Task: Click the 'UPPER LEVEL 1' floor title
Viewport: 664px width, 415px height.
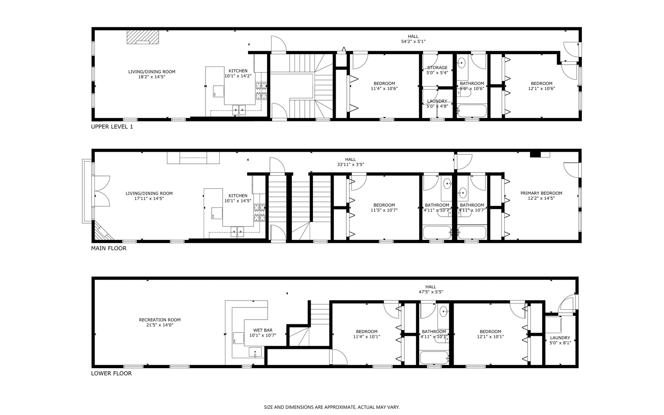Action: click(112, 126)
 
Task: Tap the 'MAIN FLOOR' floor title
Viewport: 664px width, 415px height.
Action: click(109, 248)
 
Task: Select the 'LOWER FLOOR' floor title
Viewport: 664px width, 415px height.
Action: click(111, 373)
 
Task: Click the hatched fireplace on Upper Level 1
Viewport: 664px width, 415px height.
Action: click(143, 38)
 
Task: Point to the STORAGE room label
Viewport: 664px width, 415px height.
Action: click(437, 68)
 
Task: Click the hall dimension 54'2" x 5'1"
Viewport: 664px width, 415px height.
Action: click(413, 41)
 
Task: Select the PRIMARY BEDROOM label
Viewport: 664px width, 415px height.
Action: click(541, 193)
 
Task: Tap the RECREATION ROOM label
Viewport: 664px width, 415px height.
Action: click(160, 320)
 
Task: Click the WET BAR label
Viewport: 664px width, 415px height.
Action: click(263, 330)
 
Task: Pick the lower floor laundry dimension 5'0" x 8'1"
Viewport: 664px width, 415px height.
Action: click(560, 343)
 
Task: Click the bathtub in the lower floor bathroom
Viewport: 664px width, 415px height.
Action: click(434, 358)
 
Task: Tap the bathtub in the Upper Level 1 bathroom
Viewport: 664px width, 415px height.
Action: click(472, 111)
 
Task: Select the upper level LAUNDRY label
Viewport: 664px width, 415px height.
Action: click(437, 101)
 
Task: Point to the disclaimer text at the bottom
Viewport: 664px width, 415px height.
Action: click(332, 407)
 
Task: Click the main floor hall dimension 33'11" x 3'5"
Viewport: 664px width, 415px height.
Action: click(350, 164)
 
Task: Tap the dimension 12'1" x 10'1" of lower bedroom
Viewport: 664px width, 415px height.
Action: click(490, 337)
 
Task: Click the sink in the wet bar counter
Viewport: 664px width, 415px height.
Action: click(255, 352)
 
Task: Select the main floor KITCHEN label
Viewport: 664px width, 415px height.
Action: click(238, 196)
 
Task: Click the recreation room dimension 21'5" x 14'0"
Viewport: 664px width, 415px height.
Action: click(160, 325)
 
